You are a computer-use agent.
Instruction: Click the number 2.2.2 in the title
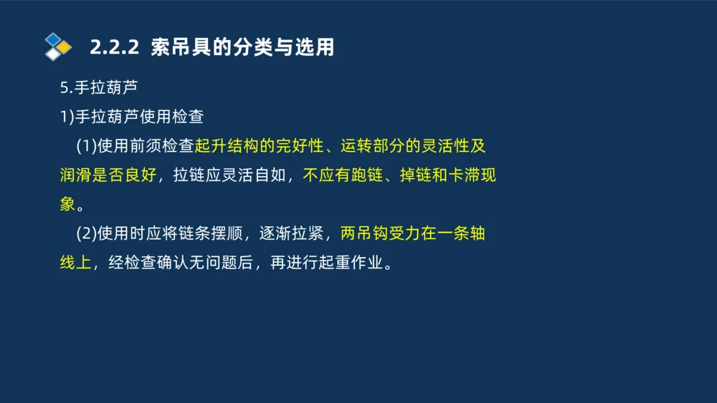click(113, 48)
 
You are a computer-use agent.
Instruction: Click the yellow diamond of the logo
click(65, 47)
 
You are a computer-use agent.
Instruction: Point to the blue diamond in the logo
click(53, 39)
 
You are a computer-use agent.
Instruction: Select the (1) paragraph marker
click(86, 146)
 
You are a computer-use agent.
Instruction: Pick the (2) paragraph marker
click(86, 233)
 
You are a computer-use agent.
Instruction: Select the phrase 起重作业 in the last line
click(352, 263)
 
